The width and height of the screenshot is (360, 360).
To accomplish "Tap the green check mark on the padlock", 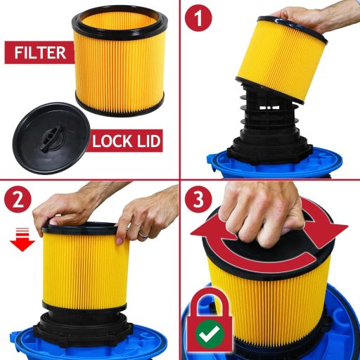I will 209,335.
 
